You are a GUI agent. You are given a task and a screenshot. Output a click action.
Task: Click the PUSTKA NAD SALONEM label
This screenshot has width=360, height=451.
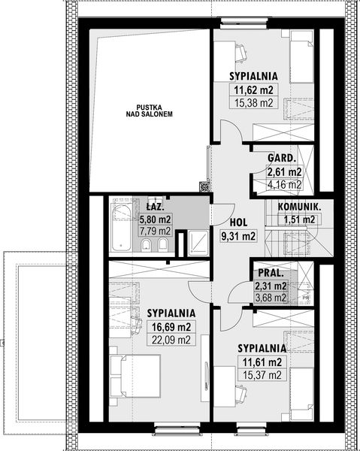(x=150, y=110)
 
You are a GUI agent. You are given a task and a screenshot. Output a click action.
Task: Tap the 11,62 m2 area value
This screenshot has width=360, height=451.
(x=253, y=90)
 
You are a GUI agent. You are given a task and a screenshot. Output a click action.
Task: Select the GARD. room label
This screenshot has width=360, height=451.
(x=282, y=158)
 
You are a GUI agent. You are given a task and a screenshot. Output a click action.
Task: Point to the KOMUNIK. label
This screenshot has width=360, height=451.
(x=299, y=207)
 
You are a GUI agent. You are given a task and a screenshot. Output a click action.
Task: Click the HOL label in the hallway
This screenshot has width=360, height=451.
(x=239, y=222)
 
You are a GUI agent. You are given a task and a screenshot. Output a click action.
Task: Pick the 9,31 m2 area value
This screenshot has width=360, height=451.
(x=238, y=236)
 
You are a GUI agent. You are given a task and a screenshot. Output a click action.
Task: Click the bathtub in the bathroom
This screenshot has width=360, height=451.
(x=121, y=226)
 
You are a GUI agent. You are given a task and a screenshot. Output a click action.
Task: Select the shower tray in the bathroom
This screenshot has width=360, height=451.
(x=198, y=244)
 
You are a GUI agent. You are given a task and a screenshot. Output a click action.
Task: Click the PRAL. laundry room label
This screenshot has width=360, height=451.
(x=271, y=273)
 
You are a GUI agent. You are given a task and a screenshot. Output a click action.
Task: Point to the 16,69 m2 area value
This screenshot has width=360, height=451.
(x=171, y=327)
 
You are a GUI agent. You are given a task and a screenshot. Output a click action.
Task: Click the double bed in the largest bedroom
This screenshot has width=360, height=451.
(x=135, y=376)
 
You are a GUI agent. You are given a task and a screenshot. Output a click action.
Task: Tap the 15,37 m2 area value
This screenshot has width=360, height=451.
(x=262, y=375)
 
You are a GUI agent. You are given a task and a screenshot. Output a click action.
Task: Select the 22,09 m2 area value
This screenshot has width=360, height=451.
(x=171, y=340)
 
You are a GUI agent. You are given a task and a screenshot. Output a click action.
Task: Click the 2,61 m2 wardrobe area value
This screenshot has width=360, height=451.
(x=285, y=172)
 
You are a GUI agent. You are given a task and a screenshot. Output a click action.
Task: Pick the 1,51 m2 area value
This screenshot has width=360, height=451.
(x=299, y=219)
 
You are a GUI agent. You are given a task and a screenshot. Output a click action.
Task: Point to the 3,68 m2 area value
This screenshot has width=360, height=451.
(x=271, y=298)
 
